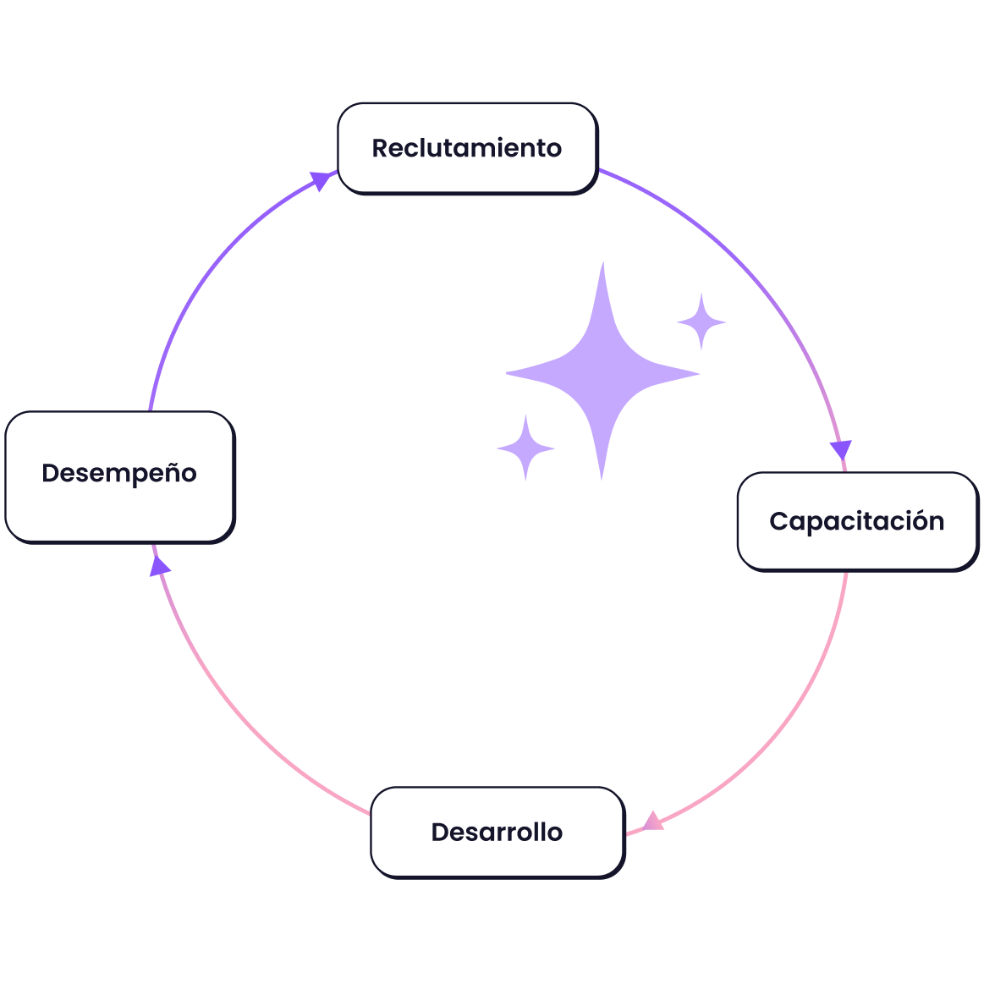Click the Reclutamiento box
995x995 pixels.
[x=467, y=148]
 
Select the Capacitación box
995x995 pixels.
[x=856, y=521]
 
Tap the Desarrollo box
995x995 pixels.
[x=497, y=832]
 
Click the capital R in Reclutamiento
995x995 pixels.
[x=381, y=148]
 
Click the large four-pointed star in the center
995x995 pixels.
[x=602, y=372]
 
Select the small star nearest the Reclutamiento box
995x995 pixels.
[x=701, y=322]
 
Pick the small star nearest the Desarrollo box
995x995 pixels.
[x=525, y=448]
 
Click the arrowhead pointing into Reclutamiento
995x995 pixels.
[x=322, y=179]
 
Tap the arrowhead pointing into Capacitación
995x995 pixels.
[x=840, y=450]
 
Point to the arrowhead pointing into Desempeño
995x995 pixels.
[x=158, y=566]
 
